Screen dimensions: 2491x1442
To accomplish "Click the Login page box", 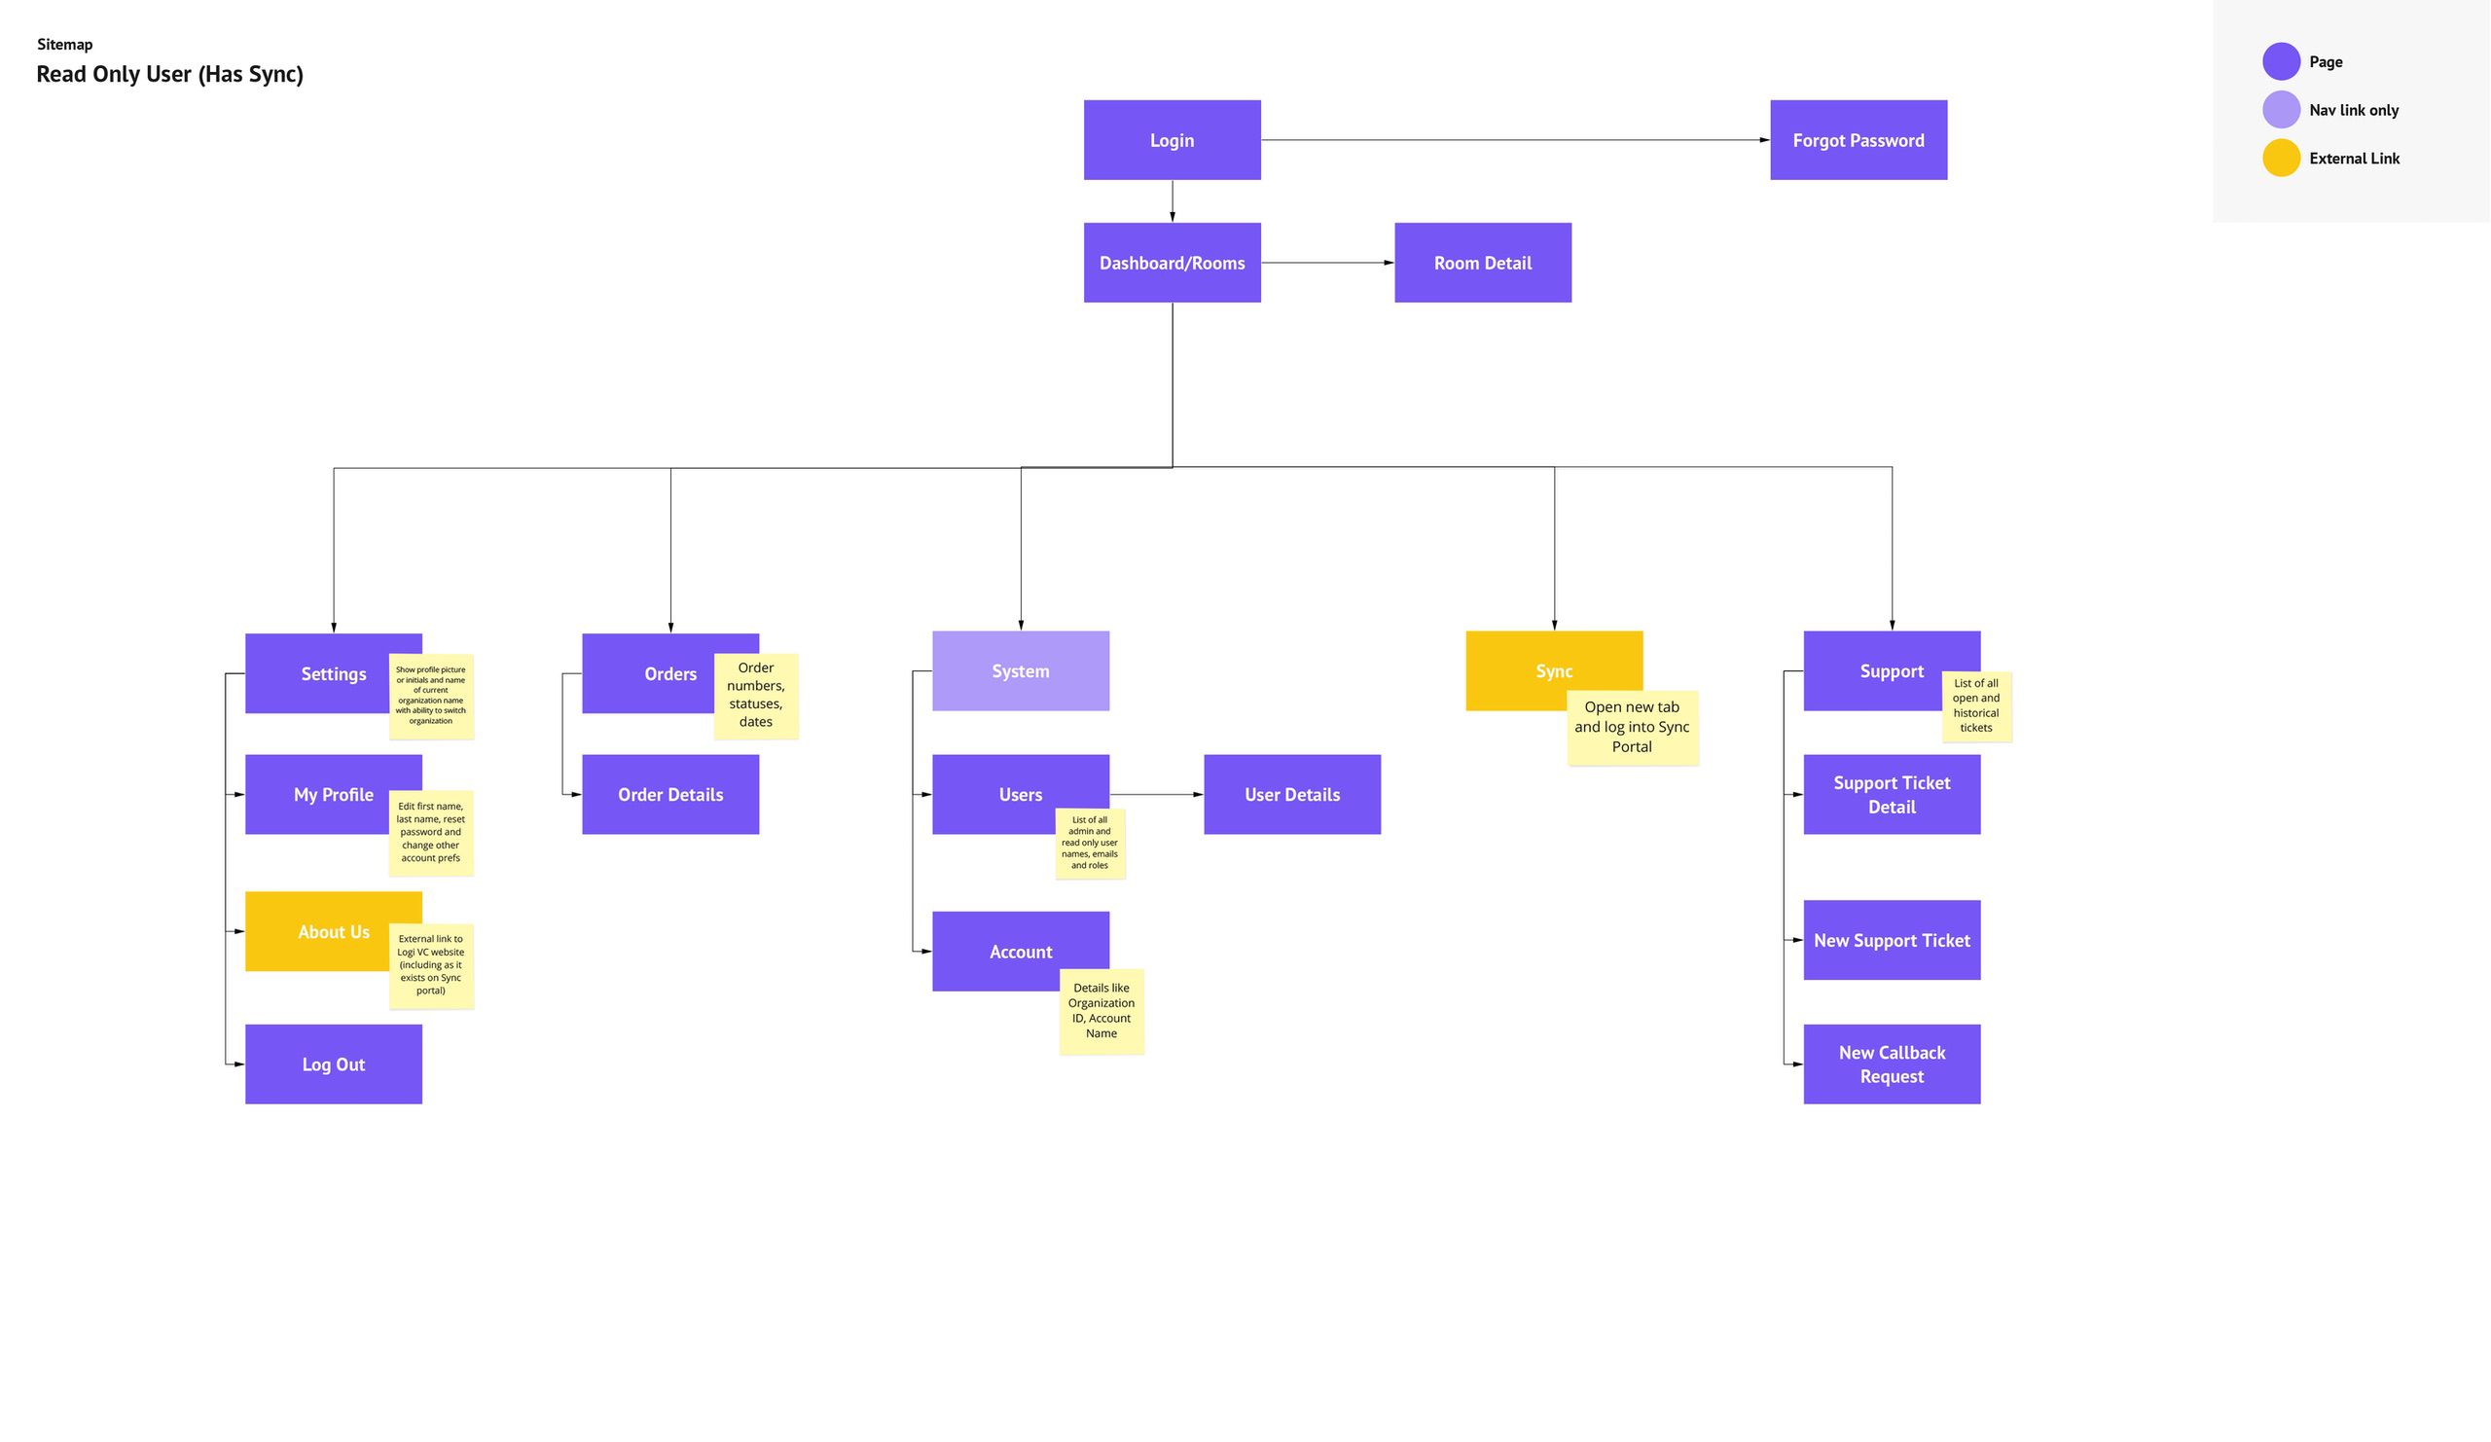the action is (1172, 139).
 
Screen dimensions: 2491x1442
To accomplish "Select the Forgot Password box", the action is (1859, 139).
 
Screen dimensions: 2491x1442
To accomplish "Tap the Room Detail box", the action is (1483, 262).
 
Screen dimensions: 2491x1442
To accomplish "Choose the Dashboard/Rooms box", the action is (1172, 262).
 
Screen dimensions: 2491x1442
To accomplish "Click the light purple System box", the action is (1020, 670).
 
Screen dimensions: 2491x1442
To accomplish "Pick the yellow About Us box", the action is (316, 931).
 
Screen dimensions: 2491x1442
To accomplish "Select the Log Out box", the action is (333, 1063).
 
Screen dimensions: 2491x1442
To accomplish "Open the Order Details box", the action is (670, 794).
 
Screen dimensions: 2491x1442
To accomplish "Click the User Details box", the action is (1292, 794).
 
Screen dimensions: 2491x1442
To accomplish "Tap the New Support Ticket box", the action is (1892, 940).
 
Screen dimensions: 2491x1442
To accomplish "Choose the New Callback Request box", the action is (1892, 1063).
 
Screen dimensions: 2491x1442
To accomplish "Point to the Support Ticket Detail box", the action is (1892, 794).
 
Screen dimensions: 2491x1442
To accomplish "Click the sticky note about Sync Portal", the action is (1632, 728).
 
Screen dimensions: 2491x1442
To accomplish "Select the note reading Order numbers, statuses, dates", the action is (755, 695).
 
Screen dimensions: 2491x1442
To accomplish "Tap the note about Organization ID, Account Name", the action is (1101, 1011).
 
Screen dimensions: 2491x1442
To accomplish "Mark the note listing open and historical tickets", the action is (1976, 705).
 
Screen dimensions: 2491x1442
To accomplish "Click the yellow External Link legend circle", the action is (2282, 159).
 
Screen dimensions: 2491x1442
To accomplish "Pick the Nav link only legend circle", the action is (2282, 110).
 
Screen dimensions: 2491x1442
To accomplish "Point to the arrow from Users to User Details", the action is (1157, 794).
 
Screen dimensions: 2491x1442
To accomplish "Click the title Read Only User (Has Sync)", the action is (170, 74).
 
